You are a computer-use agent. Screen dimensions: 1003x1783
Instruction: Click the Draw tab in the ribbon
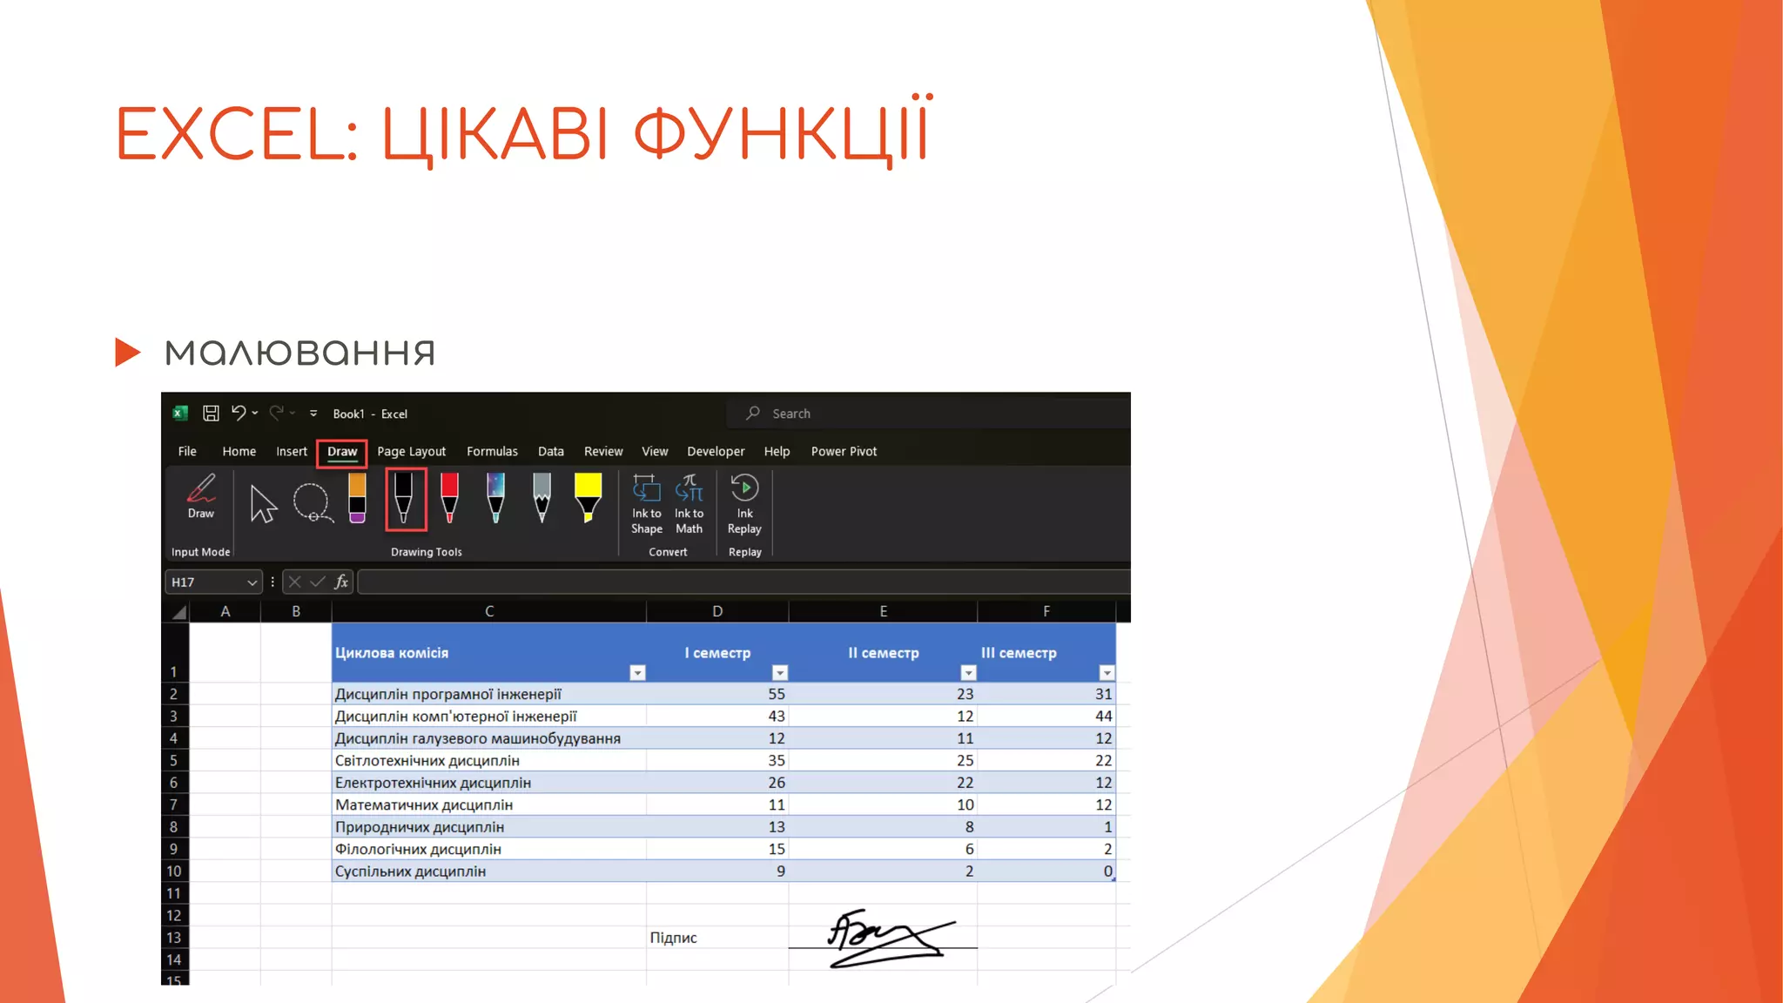pos(342,452)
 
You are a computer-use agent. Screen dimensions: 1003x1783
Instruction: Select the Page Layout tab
pos(411,452)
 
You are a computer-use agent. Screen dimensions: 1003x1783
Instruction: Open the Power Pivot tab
pos(844,452)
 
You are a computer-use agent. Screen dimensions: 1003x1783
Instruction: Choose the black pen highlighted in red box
pos(404,499)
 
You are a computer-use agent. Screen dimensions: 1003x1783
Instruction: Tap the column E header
pos(883,611)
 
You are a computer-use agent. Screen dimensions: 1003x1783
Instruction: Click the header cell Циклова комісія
pos(392,653)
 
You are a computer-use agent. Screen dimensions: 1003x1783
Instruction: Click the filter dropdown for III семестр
pos(1107,673)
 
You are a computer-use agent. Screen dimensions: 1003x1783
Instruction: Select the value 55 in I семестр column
pos(776,694)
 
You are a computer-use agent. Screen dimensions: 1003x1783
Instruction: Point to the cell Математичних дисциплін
pos(424,804)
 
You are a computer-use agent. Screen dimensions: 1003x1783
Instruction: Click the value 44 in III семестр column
pos(1103,716)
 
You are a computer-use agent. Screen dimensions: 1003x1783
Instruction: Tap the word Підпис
pos(673,938)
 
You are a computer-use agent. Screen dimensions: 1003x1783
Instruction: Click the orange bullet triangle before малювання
pos(127,352)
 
